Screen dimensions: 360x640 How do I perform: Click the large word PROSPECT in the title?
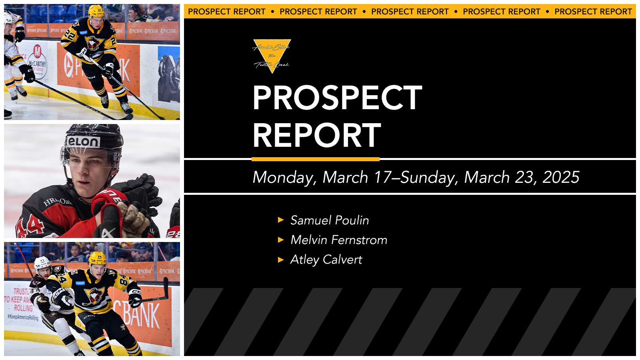tap(337, 98)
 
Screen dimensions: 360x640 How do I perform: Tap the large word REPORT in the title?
tap(316, 135)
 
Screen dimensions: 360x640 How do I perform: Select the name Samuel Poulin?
tap(330, 220)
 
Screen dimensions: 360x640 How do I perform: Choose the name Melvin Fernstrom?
tap(339, 240)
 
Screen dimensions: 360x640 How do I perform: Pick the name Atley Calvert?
tap(326, 260)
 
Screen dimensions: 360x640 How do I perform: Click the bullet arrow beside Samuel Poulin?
tap(281, 220)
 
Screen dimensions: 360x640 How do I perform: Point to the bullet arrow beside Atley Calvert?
tap(281, 260)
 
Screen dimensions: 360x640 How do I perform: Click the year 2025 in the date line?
tap(561, 177)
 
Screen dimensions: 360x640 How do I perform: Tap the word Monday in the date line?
tap(284, 177)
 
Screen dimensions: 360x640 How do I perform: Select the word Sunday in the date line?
tap(428, 177)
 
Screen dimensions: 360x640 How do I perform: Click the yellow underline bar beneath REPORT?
tap(315, 159)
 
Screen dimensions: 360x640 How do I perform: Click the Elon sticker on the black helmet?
tap(83, 142)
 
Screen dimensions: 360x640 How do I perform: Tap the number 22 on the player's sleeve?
tap(69, 35)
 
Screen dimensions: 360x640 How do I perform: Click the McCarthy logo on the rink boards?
tap(37, 62)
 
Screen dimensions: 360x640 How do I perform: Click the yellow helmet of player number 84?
tap(98, 258)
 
